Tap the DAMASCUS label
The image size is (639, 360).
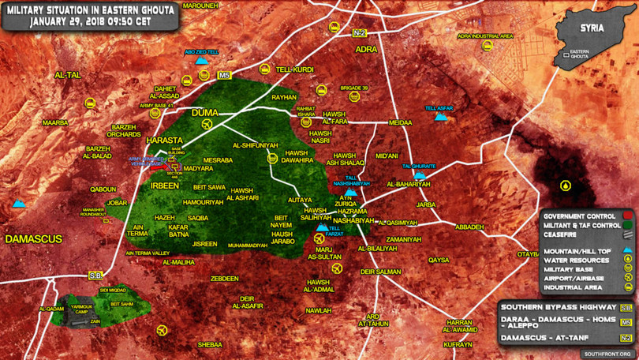34,238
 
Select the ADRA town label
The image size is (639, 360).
367,49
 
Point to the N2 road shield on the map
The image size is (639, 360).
360,32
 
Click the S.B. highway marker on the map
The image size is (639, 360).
95,276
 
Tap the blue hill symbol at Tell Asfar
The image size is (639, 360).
440,117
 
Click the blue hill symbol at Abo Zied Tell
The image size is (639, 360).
201,60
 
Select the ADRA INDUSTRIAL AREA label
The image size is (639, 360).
485,36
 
